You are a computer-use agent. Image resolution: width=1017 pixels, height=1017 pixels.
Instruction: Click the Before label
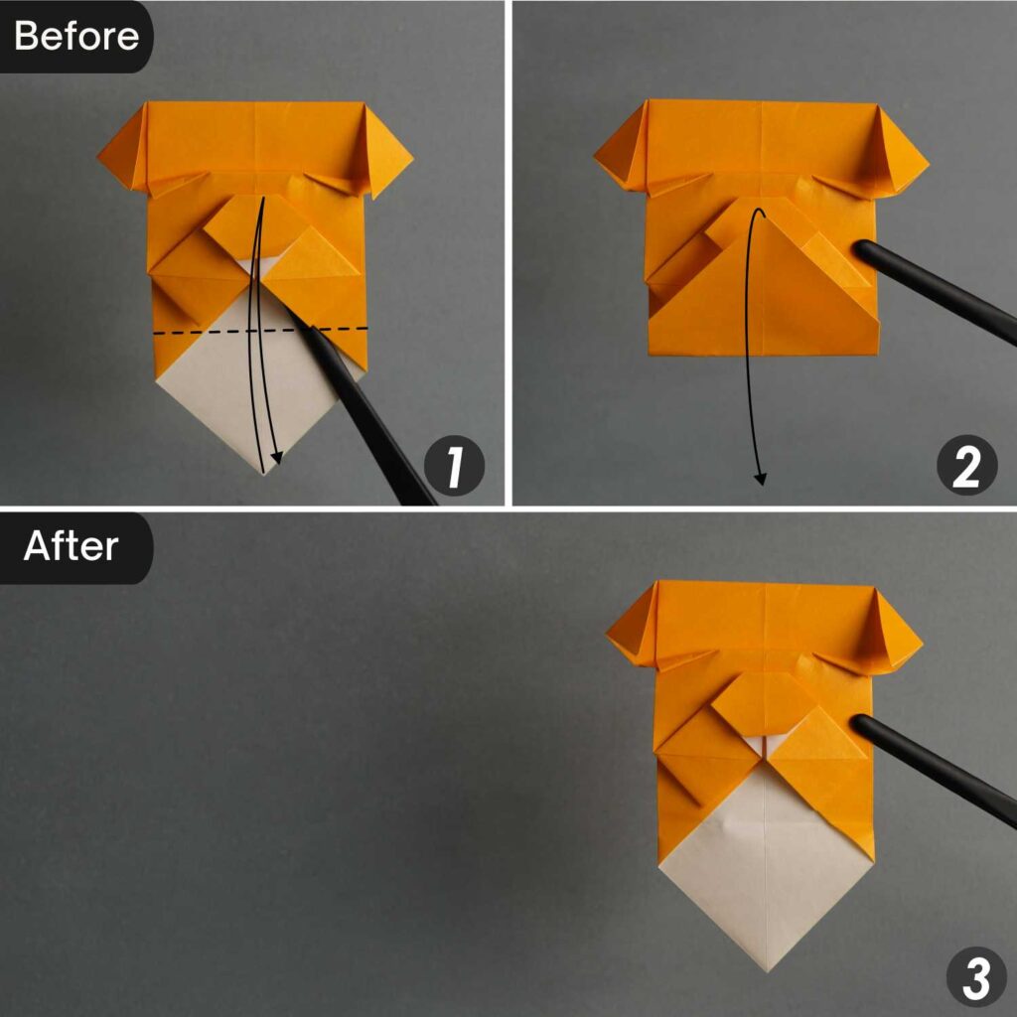(x=75, y=36)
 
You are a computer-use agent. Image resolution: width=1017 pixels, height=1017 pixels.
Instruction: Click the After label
(x=72, y=546)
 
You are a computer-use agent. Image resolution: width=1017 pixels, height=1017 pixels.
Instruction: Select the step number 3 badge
(x=976, y=977)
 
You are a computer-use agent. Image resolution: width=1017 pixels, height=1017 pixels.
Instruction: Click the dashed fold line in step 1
(x=199, y=332)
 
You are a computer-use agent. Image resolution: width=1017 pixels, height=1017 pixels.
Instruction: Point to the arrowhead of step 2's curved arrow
(x=761, y=480)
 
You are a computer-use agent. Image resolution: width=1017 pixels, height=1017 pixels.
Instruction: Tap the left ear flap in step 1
(x=125, y=150)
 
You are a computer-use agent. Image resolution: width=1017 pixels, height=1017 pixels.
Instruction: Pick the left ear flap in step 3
(x=634, y=631)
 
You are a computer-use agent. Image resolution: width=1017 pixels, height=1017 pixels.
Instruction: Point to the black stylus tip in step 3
(x=861, y=724)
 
